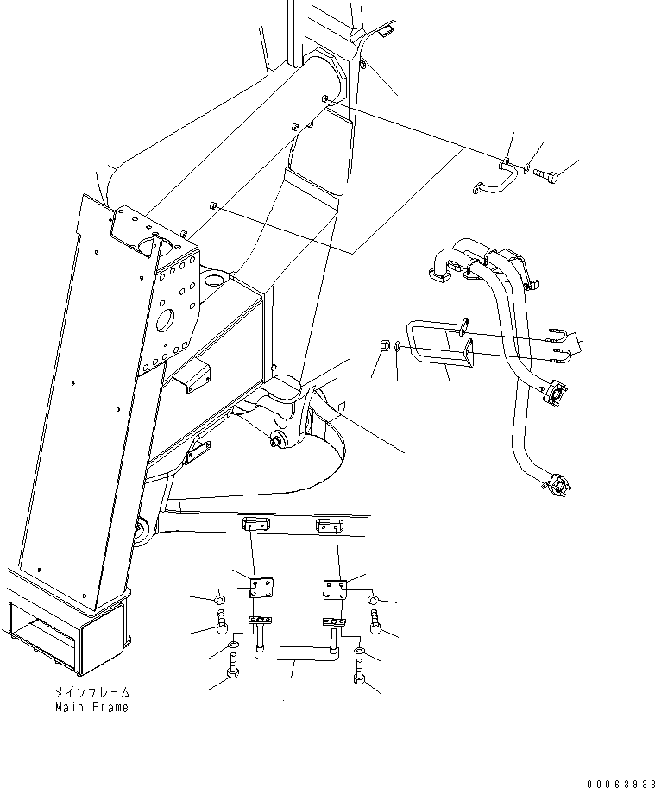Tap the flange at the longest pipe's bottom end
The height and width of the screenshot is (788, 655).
(x=556, y=487)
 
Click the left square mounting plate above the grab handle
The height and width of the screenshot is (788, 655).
(x=257, y=588)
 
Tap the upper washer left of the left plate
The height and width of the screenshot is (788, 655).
(x=221, y=599)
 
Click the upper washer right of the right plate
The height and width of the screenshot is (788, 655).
(x=372, y=600)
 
